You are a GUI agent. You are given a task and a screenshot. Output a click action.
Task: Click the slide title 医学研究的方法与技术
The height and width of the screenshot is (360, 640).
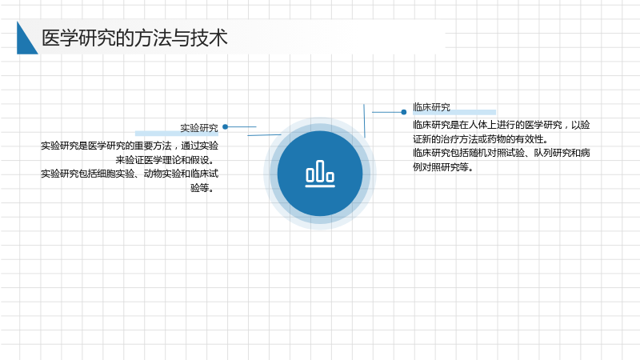134,38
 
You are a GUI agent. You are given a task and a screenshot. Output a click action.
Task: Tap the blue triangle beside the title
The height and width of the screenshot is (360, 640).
25,41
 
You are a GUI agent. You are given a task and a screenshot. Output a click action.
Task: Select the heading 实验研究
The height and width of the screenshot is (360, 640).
199,128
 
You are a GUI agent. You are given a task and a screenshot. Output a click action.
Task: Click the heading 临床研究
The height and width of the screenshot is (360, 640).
431,107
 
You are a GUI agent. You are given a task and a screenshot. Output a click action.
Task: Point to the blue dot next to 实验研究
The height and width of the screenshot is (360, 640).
225,127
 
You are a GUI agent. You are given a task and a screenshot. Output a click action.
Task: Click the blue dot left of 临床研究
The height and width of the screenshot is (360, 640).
404,112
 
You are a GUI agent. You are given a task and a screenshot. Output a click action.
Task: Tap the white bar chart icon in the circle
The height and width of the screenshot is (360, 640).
320,174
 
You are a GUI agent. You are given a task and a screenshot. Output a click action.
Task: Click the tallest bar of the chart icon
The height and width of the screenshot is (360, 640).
320,171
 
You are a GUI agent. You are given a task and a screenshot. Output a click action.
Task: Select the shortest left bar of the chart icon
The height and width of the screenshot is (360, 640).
310,174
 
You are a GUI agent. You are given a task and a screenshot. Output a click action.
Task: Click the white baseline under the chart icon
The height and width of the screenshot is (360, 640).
320,186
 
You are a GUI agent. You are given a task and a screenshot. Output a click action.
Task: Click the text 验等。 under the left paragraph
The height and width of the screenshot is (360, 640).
202,188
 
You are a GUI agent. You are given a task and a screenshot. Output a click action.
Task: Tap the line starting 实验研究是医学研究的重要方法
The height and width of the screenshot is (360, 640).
130,146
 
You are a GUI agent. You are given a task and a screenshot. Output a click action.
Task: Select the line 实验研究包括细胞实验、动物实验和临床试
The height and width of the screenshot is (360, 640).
130,174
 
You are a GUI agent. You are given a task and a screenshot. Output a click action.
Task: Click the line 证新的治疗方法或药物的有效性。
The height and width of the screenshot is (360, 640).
480,139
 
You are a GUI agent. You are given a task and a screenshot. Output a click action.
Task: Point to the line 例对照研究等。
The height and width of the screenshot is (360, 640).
443,167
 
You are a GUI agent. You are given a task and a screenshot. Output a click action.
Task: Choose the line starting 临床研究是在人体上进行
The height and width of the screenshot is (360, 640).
502,125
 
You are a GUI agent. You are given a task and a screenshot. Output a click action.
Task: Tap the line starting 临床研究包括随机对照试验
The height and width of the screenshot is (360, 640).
502,153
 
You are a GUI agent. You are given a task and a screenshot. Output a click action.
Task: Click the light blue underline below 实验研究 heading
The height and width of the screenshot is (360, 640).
177,134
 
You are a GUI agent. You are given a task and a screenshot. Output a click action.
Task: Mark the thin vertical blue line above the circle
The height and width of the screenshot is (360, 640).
364,121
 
